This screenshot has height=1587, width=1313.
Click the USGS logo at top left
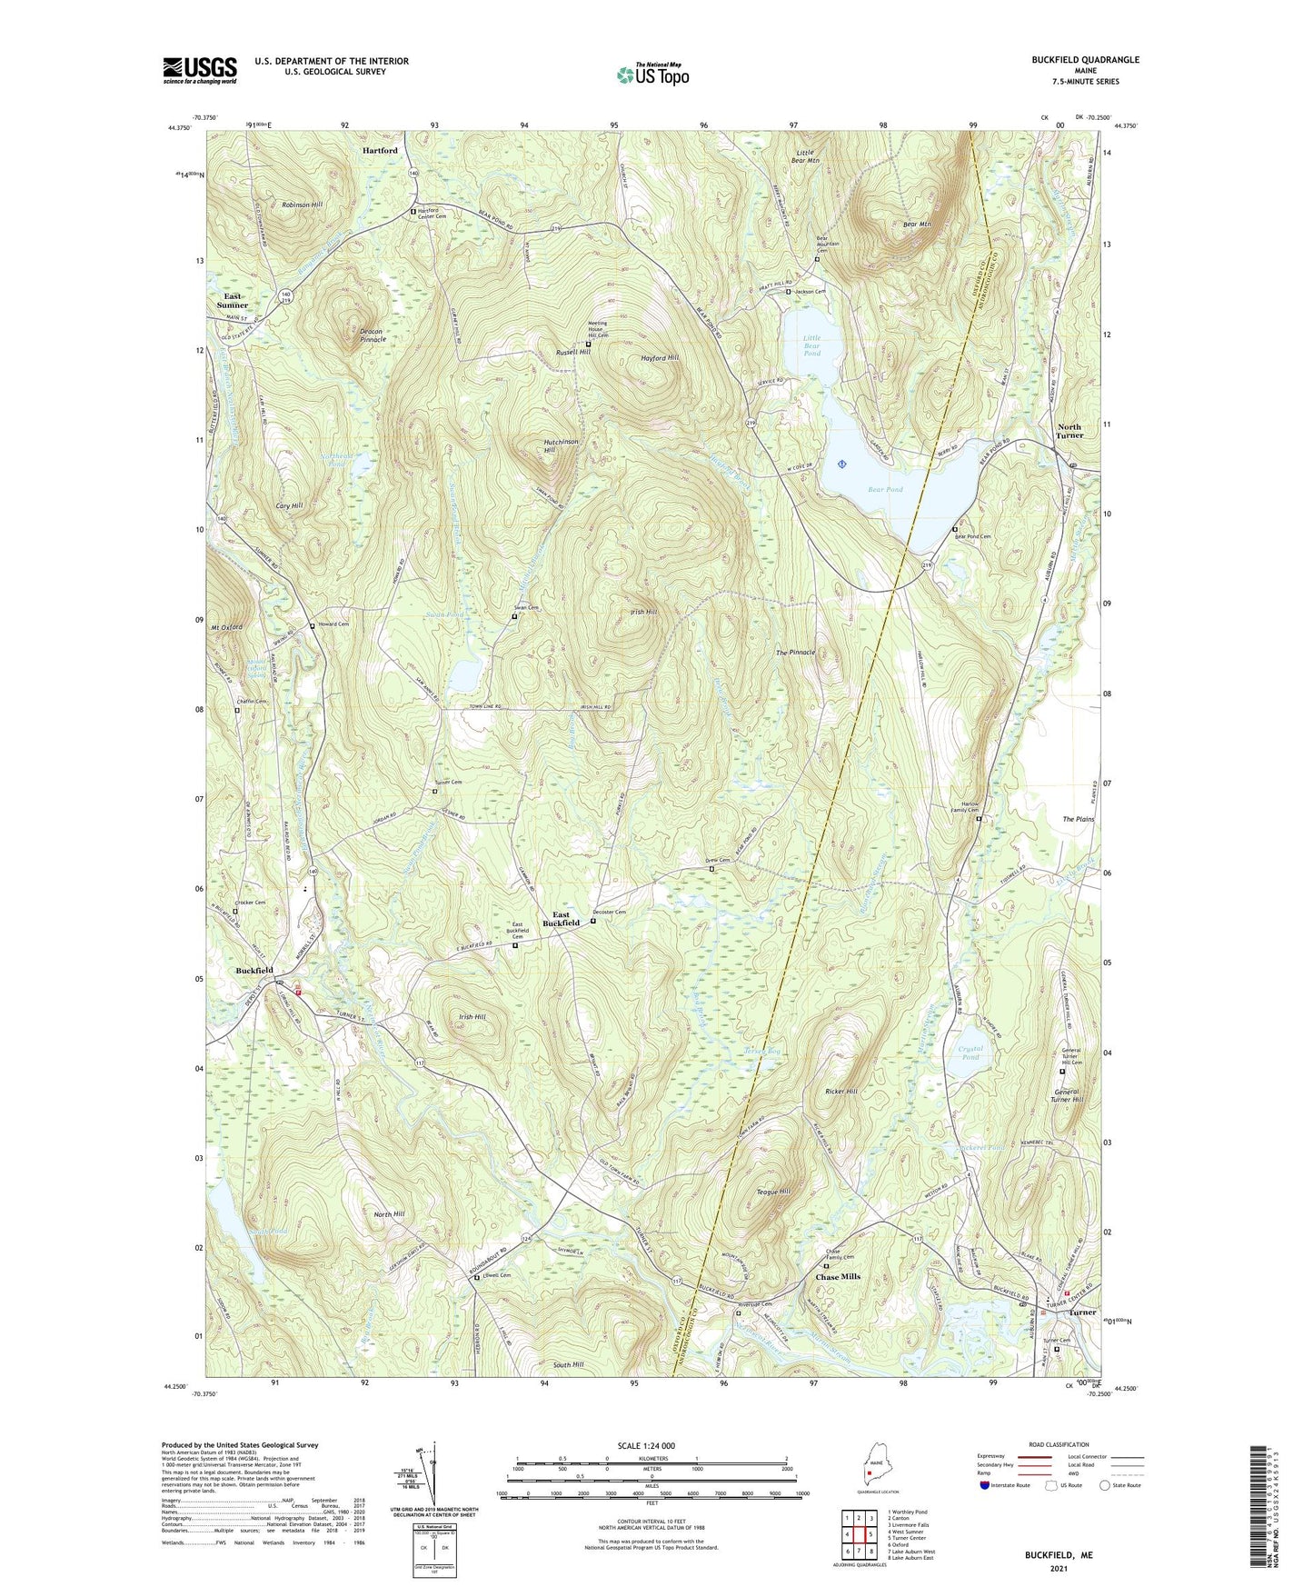point(200,70)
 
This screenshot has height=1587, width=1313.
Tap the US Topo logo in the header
point(652,75)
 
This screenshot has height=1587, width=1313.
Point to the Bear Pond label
point(884,489)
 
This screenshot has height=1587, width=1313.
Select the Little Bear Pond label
point(812,345)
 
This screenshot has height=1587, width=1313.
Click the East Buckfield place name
point(561,919)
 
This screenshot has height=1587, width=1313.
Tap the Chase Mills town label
point(837,1277)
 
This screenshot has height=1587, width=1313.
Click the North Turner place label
point(1069,431)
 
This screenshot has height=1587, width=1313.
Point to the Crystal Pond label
point(970,1053)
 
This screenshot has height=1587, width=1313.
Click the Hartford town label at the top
point(380,150)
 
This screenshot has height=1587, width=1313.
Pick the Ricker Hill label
point(841,1091)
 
